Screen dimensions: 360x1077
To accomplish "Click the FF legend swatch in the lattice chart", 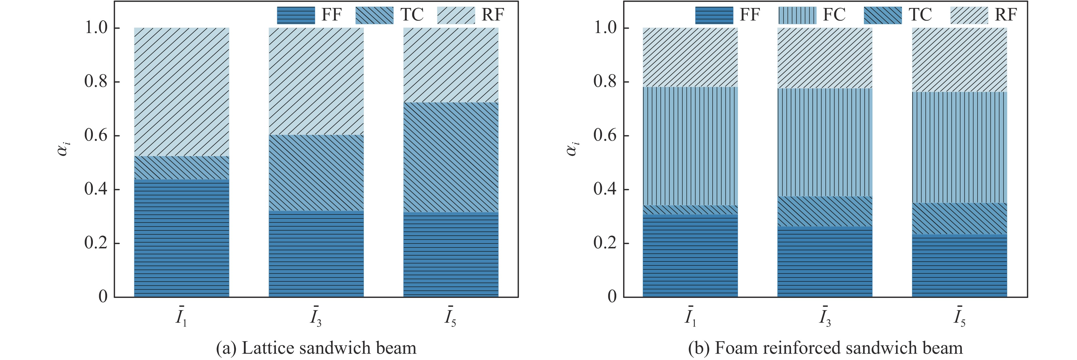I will tap(295, 15).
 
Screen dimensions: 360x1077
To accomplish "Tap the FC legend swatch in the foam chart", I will tap(797, 15).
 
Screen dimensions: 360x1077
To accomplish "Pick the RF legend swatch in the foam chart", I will tap(969, 15).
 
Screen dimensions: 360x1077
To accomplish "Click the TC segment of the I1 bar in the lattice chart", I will tap(181, 168).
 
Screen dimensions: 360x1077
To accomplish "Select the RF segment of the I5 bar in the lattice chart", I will tap(451, 65).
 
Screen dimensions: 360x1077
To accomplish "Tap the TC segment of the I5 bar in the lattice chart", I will tap(451, 157).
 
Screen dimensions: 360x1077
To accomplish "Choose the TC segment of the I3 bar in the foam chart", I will tap(825, 211).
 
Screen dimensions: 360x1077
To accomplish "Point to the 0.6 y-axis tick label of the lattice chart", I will tap(96, 136).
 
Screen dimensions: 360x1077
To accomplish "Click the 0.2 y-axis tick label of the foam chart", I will tap(605, 243).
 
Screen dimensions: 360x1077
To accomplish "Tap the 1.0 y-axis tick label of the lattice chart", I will tap(96, 28).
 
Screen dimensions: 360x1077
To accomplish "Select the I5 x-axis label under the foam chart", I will tap(959, 318).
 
